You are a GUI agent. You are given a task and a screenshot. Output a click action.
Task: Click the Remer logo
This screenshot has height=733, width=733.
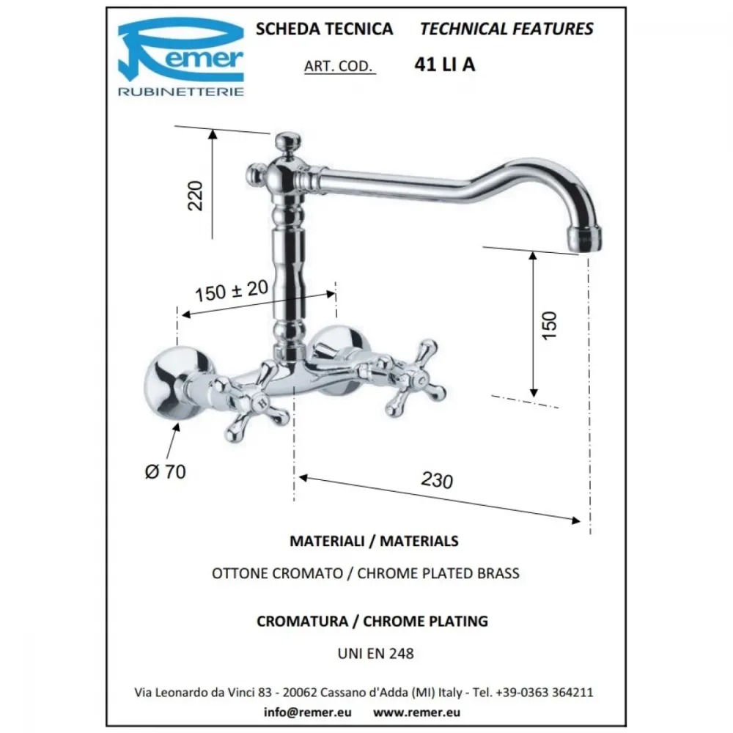pyautogui.click(x=181, y=57)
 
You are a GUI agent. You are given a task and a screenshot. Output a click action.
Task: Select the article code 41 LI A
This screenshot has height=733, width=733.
pyautogui.click(x=445, y=65)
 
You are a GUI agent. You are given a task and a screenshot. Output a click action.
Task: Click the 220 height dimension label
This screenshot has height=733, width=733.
pyautogui.click(x=196, y=196)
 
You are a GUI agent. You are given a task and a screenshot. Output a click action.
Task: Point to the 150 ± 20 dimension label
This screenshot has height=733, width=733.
pyautogui.click(x=232, y=291)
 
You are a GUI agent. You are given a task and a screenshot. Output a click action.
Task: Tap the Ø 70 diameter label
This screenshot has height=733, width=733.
pyautogui.click(x=166, y=471)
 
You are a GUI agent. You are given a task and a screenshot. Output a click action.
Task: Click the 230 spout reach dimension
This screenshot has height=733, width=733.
pyautogui.click(x=437, y=480)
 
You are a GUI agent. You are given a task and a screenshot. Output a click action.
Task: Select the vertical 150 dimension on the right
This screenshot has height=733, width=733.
pyautogui.click(x=549, y=325)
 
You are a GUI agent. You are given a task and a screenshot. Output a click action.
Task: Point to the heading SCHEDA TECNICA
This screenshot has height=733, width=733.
pyautogui.click(x=325, y=29)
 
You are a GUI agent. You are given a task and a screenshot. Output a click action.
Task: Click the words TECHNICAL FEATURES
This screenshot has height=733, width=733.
pyautogui.click(x=507, y=29)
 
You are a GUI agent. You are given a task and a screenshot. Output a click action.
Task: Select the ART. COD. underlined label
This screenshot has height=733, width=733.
pyautogui.click(x=339, y=67)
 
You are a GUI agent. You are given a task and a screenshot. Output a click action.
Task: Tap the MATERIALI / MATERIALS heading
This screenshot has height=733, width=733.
pyautogui.click(x=374, y=541)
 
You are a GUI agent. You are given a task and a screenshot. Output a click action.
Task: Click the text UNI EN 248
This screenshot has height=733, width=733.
pyautogui.click(x=376, y=653)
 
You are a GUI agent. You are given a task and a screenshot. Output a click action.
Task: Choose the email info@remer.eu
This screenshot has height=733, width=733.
pyautogui.click(x=308, y=712)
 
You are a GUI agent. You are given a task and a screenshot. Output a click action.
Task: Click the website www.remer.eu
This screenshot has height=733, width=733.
pyautogui.click(x=416, y=712)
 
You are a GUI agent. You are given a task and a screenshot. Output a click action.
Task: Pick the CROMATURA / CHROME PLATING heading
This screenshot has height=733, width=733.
pyautogui.click(x=372, y=622)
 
